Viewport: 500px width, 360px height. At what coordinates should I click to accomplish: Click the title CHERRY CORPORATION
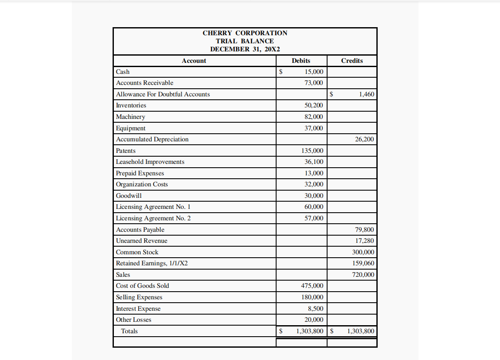[245, 33]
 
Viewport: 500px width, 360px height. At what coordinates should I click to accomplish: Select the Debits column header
[301, 61]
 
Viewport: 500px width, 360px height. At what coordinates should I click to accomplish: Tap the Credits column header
[352, 61]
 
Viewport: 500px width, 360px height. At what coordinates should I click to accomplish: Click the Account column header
[194, 61]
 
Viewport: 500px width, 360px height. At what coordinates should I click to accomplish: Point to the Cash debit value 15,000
[314, 72]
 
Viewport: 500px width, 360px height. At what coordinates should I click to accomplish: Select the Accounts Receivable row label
[144, 83]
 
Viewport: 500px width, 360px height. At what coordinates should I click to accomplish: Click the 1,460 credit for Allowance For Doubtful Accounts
[366, 94]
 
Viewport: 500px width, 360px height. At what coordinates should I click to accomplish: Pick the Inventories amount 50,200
[314, 105]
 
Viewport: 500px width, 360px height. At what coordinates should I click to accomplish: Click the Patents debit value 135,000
[312, 151]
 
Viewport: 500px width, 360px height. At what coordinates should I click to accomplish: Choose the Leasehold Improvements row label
[150, 162]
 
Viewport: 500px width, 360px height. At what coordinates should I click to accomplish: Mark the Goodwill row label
[129, 196]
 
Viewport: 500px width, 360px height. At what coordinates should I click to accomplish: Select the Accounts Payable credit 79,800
[364, 230]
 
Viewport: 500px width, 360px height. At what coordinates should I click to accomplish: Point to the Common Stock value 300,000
[363, 252]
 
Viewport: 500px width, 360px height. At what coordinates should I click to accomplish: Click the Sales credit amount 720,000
[363, 275]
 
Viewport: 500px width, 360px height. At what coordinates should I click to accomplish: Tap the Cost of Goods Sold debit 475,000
[312, 286]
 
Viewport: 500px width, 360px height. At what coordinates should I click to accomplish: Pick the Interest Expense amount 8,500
[315, 309]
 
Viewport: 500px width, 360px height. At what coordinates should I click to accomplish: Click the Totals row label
[129, 331]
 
